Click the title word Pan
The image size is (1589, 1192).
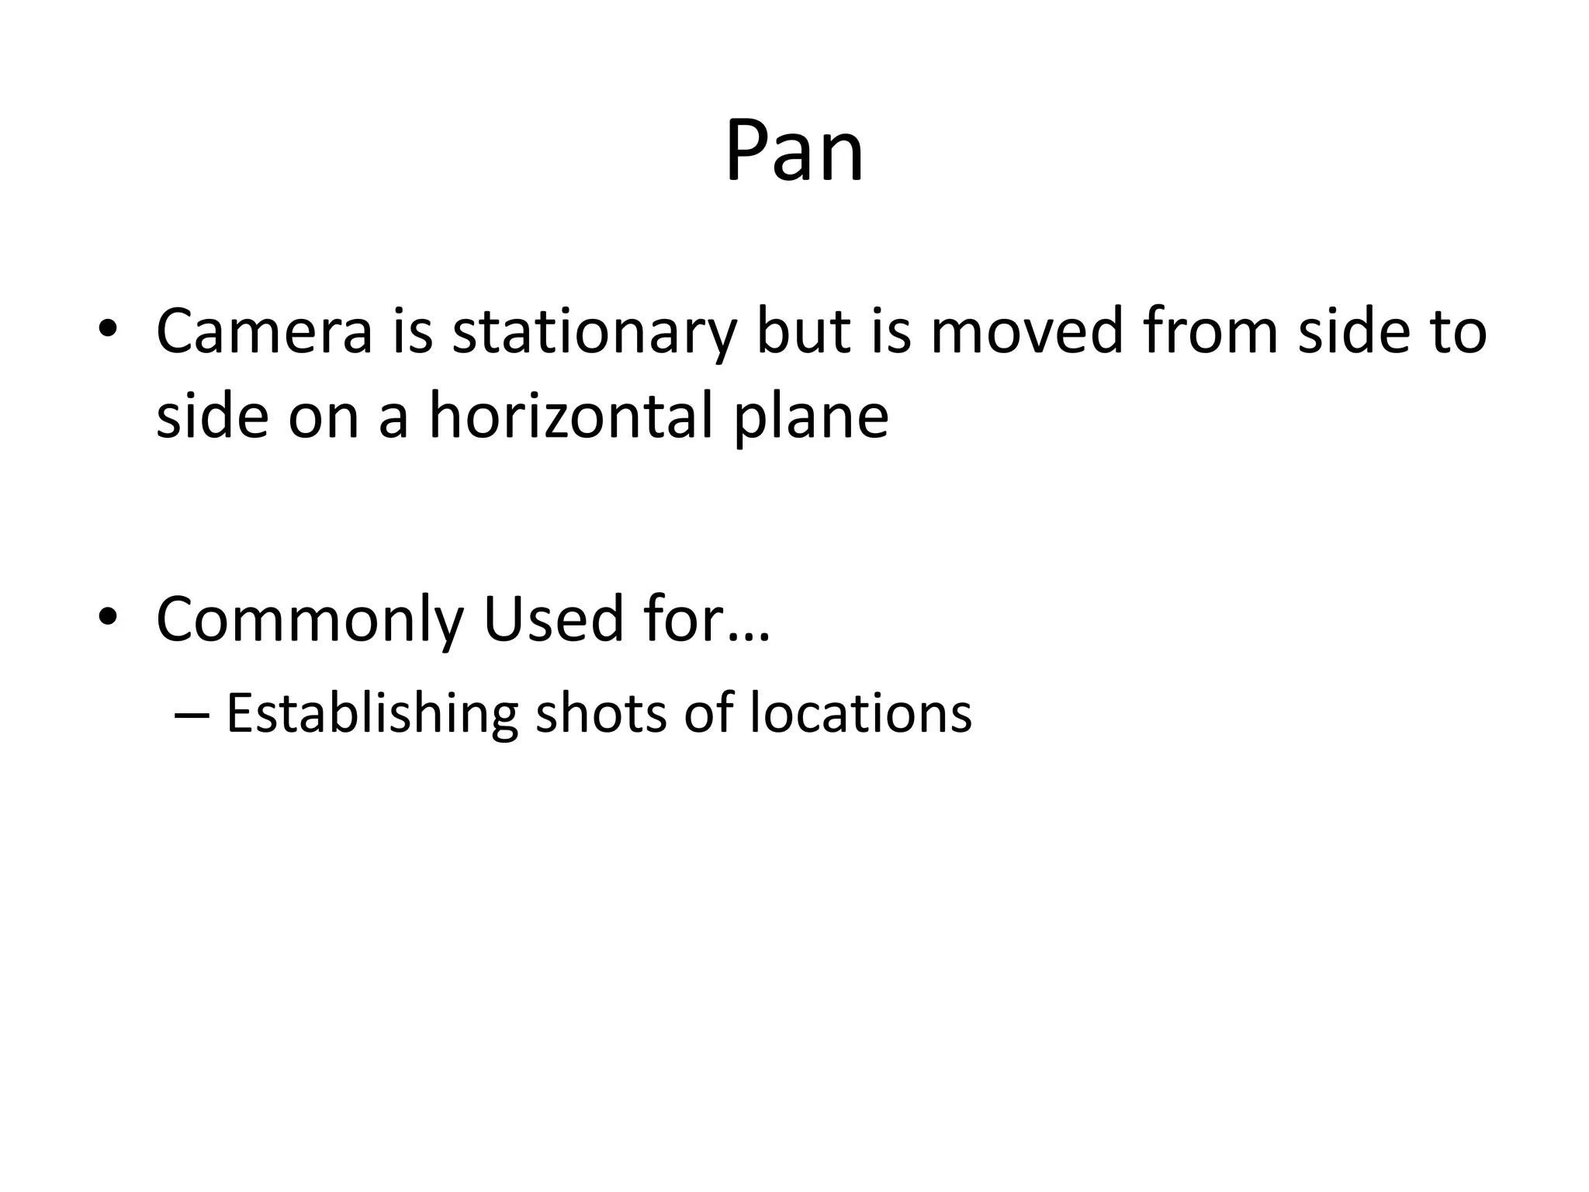click(794, 151)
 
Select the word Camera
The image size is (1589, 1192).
click(264, 331)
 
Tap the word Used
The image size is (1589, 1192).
click(553, 619)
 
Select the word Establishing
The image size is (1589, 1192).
click(372, 714)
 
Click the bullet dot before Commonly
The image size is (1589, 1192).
click(108, 616)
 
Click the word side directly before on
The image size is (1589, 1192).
click(213, 415)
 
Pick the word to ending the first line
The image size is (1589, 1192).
click(1459, 331)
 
